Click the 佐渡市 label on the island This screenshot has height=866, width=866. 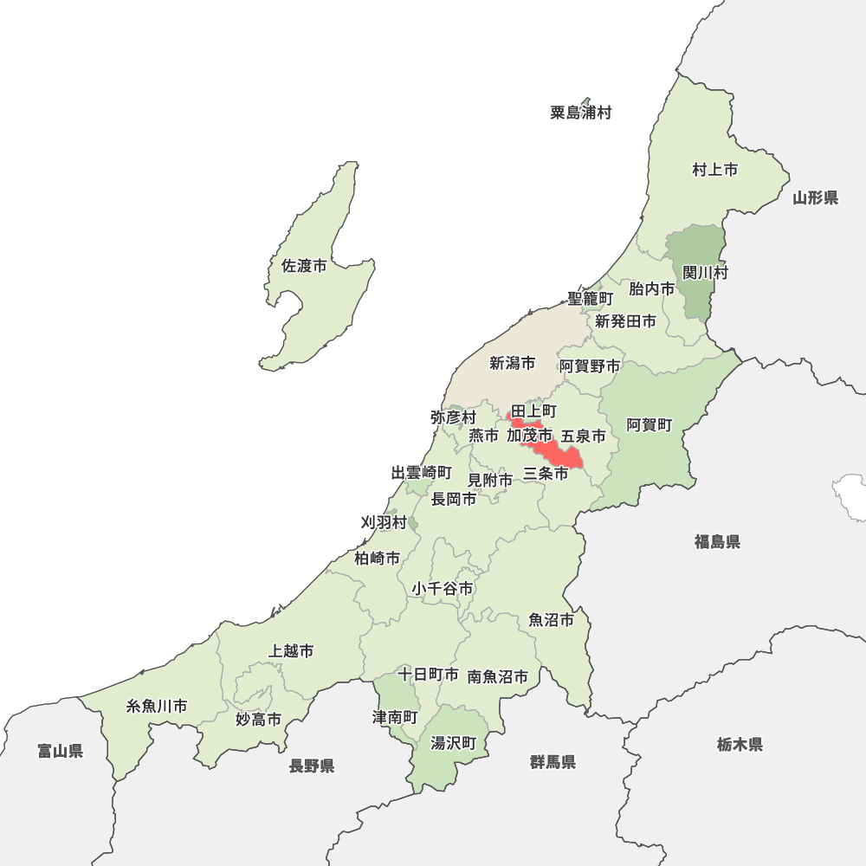pyautogui.click(x=304, y=267)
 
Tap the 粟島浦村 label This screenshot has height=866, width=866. pyautogui.click(x=580, y=113)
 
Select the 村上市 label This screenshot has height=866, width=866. pyautogui.click(x=714, y=170)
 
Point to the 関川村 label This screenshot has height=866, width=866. pyautogui.click(x=705, y=273)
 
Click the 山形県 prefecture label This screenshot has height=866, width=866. pyautogui.click(x=815, y=198)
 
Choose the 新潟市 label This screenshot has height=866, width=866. pyautogui.click(x=512, y=364)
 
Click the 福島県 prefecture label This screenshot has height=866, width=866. pyautogui.click(x=716, y=542)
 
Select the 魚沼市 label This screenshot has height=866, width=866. pyautogui.click(x=551, y=620)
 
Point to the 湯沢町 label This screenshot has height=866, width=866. pyautogui.click(x=454, y=743)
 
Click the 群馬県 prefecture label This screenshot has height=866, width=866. pyautogui.click(x=553, y=762)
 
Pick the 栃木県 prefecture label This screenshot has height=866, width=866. pyautogui.click(x=740, y=744)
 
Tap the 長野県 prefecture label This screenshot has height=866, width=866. pyautogui.click(x=312, y=766)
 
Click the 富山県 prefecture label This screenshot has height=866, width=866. pyautogui.click(x=61, y=751)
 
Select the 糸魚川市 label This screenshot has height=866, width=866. pyautogui.click(x=157, y=706)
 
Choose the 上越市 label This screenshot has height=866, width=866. pyautogui.click(x=292, y=650)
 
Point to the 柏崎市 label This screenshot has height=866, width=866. pyautogui.click(x=377, y=559)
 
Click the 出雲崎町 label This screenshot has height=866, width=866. pyautogui.click(x=421, y=473)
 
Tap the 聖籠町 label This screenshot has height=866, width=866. pyautogui.click(x=590, y=298)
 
